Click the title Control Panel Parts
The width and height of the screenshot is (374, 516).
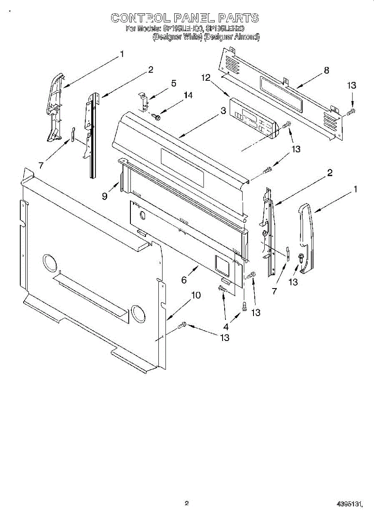point(185,18)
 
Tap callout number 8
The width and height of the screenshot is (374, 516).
point(327,71)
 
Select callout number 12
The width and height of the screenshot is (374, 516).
point(206,78)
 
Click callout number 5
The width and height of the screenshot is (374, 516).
point(173,83)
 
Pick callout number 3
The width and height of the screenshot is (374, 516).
point(223,111)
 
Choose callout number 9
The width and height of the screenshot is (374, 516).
point(105,196)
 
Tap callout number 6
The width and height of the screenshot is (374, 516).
point(184,280)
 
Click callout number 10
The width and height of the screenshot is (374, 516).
point(196,295)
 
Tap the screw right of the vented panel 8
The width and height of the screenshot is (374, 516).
point(350,112)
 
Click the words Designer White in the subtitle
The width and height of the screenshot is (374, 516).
point(178,37)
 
